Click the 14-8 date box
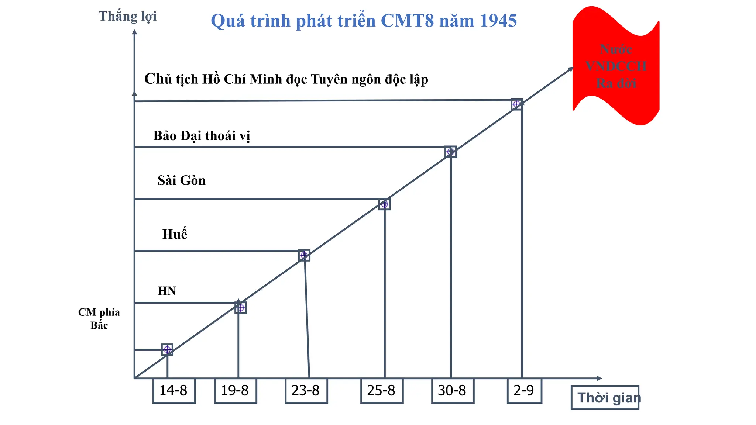174,390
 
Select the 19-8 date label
235,390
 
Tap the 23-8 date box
306,390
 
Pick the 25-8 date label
382,390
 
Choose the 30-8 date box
453,390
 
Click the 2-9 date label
524,390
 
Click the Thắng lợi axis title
127,17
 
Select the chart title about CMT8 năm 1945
364,21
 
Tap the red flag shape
616,66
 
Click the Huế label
175,234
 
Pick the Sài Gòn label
182,180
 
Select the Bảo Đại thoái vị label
202,136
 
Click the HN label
167,291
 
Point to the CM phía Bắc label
99,319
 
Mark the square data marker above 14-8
167,349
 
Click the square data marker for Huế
304,255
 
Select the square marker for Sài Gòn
385,204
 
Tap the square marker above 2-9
517,104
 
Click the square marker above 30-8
451,152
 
